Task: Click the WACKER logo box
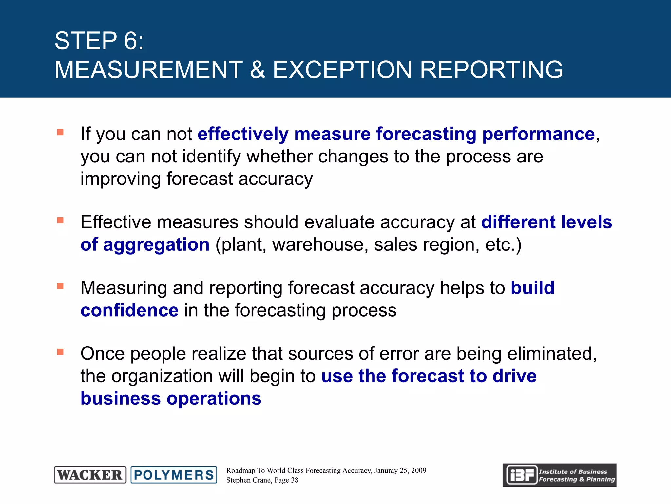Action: (x=90, y=475)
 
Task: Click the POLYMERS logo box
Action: (x=174, y=475)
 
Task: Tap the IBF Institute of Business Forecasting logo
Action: (x=559, y=475)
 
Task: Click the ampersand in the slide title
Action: (x=257, y=70)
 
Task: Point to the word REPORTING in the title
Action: (x=491, y=70)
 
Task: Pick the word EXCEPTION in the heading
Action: (x=342, y=70)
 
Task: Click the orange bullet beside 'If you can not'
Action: (x=60, y=132)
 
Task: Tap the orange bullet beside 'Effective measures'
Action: (x=60, y=220)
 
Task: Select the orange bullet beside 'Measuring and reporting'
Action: (x=60, y=286)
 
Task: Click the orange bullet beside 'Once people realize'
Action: (x=60, y=352)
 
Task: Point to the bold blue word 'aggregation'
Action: (x=156, y=245)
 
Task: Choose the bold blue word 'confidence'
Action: (x=129, y=310)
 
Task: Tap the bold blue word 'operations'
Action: (x=214, y=399)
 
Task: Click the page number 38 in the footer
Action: (x=295, y=480)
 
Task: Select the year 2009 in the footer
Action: (x=418, y=471)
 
